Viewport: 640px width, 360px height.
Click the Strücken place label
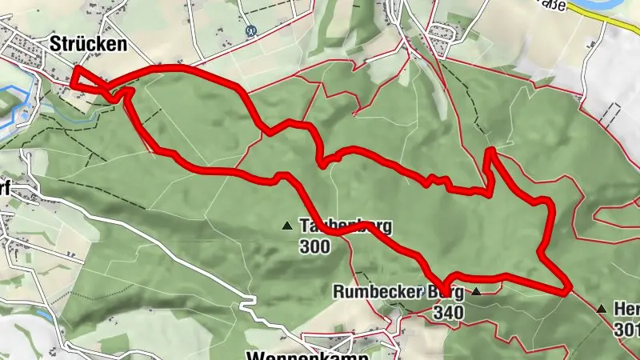tap(88, 45)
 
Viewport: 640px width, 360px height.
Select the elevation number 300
tap(315, 247)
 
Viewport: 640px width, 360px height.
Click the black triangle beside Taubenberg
tap(287, 226)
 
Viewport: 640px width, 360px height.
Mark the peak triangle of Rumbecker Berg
tap(477, 292)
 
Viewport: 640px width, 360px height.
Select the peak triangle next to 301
tap(601, 308)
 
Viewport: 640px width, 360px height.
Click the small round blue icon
tap(251, 33)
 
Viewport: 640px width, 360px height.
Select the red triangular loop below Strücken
tap(88, 82)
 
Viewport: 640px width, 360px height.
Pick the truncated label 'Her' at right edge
tap(626, 308)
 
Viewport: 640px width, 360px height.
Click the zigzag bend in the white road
tap(247, 304)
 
